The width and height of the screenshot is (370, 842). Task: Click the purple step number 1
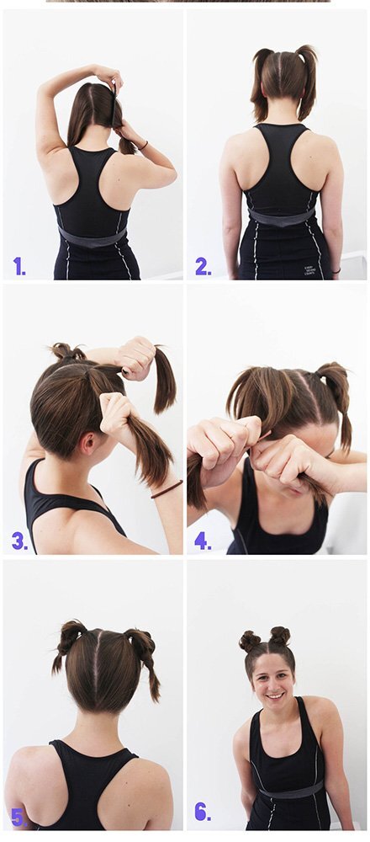pos(19,266)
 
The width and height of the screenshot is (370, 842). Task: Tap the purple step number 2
pos(203,266)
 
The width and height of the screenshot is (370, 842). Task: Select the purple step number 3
pos(19,541)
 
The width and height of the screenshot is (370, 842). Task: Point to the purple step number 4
pos(203,541)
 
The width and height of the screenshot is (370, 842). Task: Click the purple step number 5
pos(18,818)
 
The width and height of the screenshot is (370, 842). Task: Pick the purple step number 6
pos(203,813)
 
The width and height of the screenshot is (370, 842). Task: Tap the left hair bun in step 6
pos(250,641)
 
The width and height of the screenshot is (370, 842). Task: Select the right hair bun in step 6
pos(279,637)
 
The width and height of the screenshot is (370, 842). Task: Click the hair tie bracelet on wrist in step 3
pos(166,488)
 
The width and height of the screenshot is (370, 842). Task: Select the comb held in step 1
pos(114,102)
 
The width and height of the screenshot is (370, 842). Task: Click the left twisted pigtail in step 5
pos(67,644)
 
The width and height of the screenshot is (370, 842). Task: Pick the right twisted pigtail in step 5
pos(145,663)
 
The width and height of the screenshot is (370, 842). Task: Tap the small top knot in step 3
pos(66,351)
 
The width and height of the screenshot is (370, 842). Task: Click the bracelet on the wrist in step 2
pos(336,271)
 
